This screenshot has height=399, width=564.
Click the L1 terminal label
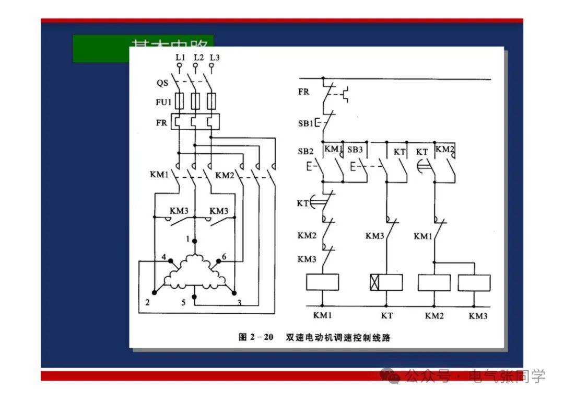[180, 57]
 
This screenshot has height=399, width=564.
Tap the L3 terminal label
[214, 57]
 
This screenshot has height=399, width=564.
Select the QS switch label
[162, 83]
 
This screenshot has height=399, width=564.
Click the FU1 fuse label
[163, 102]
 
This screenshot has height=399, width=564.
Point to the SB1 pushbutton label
[305, 124]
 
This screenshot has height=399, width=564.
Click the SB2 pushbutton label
[305, 152]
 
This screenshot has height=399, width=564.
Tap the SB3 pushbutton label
[355, 150]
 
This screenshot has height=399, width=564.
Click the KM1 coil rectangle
[322, 282]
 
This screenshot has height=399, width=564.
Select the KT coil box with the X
[386, 282]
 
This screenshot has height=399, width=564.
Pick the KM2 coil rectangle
[434, 282]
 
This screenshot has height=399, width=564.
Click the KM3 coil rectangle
[474, 282]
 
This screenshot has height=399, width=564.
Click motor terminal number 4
[163, 257]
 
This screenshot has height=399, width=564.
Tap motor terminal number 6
[224, 257]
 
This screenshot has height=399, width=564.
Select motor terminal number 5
[183, 303]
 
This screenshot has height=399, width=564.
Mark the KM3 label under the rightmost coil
[477, 316]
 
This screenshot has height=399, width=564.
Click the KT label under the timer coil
[386, 316]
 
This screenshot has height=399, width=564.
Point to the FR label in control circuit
[303, 92]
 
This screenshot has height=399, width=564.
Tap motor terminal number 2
[148, 302]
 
